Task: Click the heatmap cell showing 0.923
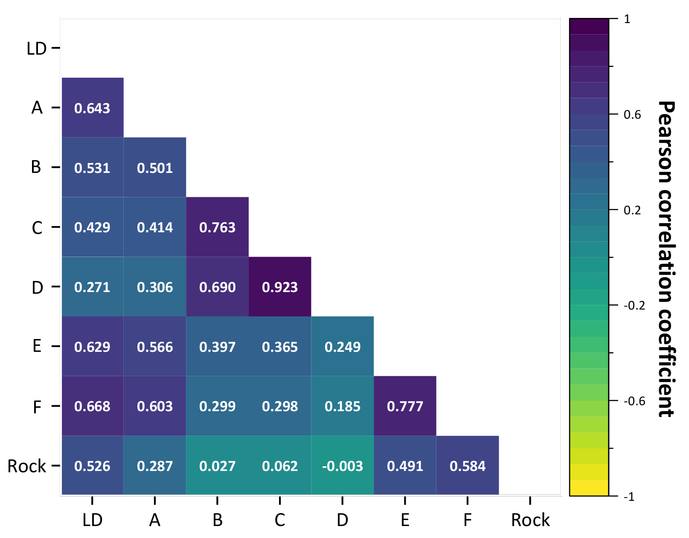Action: pos(280,287)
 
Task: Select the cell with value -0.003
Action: pos(343,466)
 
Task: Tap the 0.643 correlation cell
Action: pos(92,108)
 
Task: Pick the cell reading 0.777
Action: pos(405,406)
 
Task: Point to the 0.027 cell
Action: pos(217,466)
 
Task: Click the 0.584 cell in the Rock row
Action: pos(468,466)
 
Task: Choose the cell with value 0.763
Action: pos(217,227)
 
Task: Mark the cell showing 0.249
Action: pos(343,347)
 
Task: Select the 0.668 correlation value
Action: pos(92,406)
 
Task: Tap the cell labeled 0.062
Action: pos(280,466)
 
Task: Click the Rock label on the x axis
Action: pos(530,520)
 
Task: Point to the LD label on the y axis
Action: pos(36,49)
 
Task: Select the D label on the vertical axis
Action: pos(37,287)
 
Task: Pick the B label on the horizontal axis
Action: pos(218,520)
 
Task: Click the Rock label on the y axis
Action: pos(26,466)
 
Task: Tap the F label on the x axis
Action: pos(468,520)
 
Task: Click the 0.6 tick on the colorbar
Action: pos(632,115)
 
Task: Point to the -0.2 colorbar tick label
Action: pos(634,306)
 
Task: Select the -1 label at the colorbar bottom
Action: pos(629,497)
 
